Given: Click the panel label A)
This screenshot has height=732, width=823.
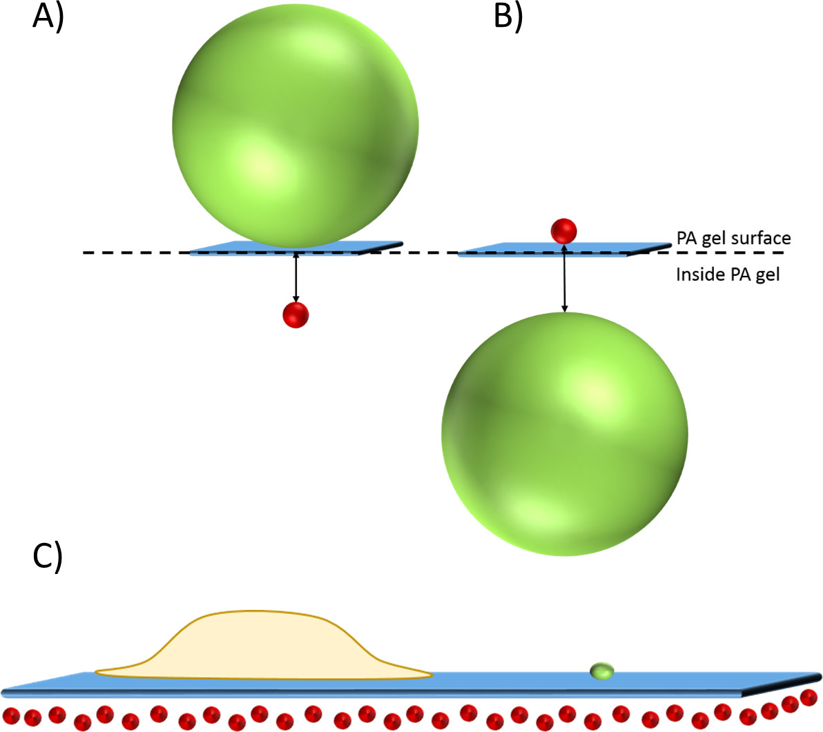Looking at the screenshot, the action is point(48,17).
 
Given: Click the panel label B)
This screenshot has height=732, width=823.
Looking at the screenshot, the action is point(508,17).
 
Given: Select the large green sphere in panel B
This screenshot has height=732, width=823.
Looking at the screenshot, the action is point(565,433).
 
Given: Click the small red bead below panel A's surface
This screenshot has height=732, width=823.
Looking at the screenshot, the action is point(296,315).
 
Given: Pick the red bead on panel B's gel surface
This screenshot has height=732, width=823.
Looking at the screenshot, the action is point(563,230).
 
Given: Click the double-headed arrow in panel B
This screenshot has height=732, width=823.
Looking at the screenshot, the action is point(565,276).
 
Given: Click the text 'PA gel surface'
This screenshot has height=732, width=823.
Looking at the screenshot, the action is point(733,239).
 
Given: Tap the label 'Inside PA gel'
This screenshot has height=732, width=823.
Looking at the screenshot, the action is point(728,275).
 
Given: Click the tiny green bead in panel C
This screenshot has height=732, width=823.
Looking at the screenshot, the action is point(602,670).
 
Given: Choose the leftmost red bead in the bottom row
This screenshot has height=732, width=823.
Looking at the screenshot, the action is point(13,718).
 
